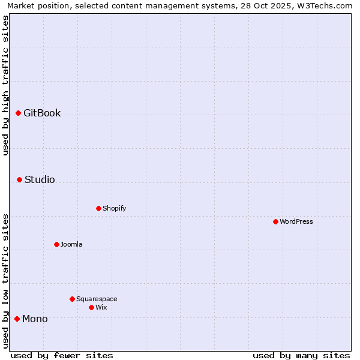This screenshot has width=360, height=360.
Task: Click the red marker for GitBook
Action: [x=18, y=113]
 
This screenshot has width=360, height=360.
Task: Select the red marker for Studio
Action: [x=19, y=179]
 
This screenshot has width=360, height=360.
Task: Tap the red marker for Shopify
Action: [x=98, y=208]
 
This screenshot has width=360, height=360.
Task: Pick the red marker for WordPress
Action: [x=275, y=221]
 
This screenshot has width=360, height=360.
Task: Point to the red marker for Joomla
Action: [x=56, y=244]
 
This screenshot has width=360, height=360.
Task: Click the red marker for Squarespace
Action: [x=72, y=299]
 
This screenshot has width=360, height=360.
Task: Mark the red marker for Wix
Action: [x=91, y=307]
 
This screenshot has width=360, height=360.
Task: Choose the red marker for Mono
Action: [x=17, y=319]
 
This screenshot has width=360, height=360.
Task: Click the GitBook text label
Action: [x=42, y=113]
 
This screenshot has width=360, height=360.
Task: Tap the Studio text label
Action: [x=40, y=179]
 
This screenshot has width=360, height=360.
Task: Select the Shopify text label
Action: [x=114, y=208]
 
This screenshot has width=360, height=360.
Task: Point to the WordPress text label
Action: [x=296, y=221]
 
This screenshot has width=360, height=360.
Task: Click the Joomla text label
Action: [x=71, y=244]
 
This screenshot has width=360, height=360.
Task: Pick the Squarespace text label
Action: [x=97, y=299]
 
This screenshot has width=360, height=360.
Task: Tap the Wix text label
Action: [x=101, y=307]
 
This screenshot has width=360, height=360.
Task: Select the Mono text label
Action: [x=35, y=319]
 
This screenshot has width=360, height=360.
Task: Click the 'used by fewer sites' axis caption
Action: [x=62, y=355]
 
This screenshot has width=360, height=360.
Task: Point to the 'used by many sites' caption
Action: [x=301, y=355]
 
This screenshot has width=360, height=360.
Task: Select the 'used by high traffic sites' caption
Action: [x=6, y=85]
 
